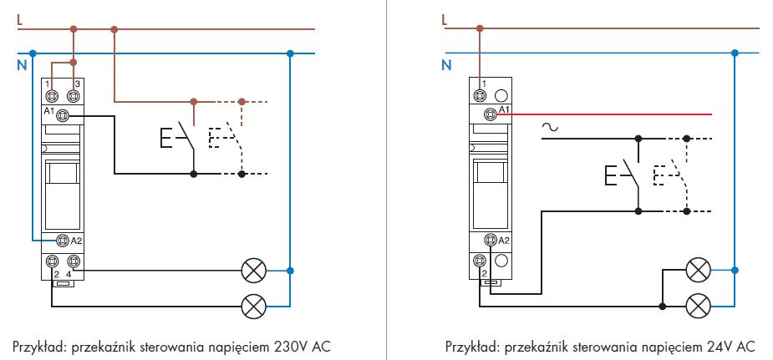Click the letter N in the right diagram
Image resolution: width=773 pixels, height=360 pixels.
pos(446,63)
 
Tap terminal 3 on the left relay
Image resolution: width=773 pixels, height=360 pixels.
pos(75,95)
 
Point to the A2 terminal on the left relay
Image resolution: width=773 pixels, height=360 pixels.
pos(61,241)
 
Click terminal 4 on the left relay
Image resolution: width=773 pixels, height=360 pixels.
pos(74,261)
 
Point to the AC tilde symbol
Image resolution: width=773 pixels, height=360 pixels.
pos(550,128)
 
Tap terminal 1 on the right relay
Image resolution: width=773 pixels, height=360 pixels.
pos(482,95)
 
